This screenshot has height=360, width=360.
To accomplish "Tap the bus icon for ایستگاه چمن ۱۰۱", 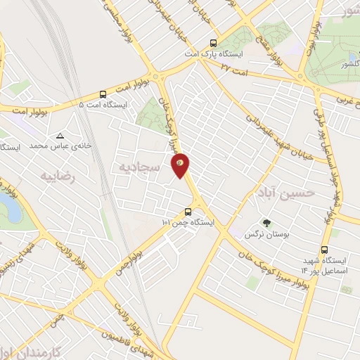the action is pos(188,212).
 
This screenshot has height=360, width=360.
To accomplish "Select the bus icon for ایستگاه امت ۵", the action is pos(103,94).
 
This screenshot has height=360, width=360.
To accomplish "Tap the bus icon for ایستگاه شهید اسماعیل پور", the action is pos(325,250).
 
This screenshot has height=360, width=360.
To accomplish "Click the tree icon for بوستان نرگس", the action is pos(266,224).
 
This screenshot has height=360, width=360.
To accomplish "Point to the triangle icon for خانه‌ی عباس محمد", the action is pos(60,136).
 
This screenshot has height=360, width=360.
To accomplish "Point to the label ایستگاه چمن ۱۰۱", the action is pos(188,223).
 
